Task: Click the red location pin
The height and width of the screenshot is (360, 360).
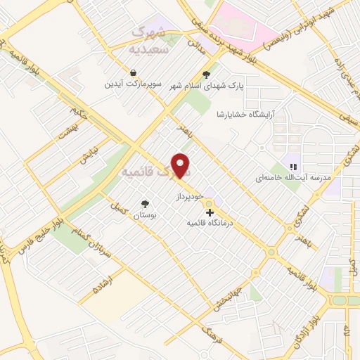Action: click(181, 165)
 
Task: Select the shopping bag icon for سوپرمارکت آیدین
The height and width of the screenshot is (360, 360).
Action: click(133, 72)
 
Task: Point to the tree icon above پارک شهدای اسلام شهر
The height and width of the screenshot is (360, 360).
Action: click(206, 75)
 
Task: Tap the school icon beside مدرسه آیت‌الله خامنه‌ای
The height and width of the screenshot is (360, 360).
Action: click(292, 167)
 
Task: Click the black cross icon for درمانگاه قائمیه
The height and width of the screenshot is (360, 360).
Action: click(210, 211)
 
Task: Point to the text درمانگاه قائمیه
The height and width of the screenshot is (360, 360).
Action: click(209, 222)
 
